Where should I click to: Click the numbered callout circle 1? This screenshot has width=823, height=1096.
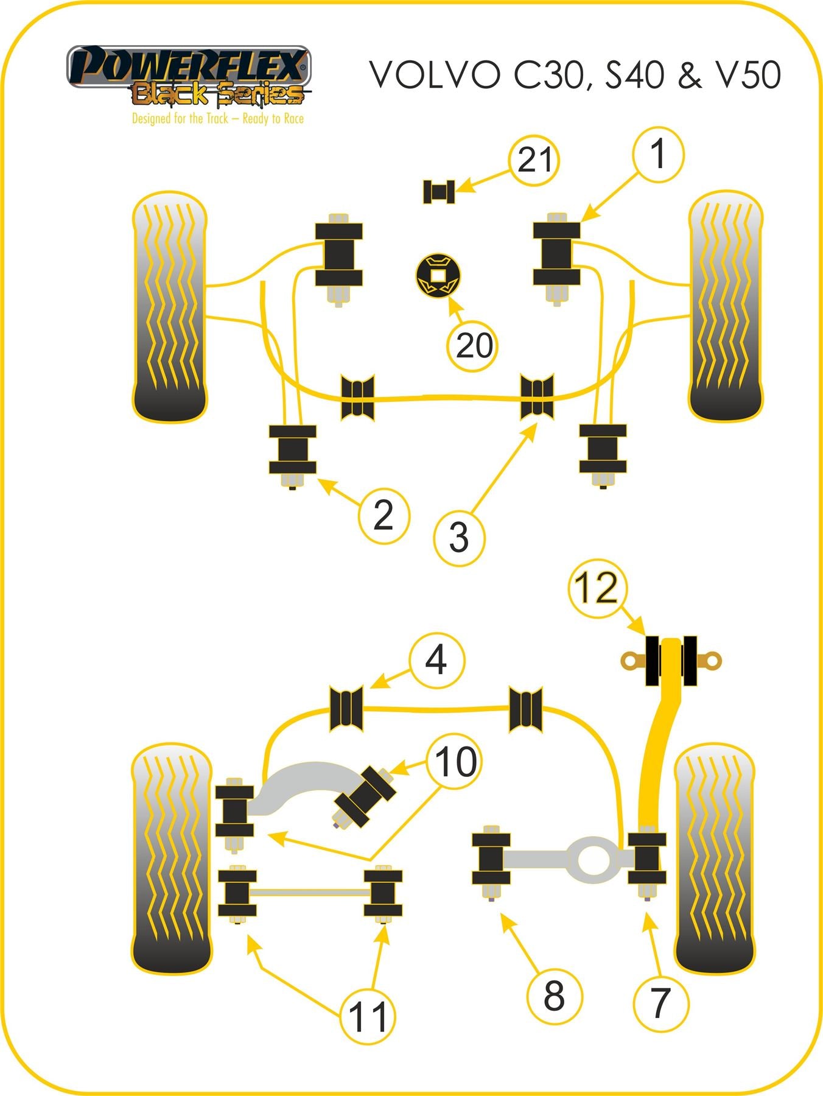tap(658, 155)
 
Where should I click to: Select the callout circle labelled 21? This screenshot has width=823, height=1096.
tap(534, 160)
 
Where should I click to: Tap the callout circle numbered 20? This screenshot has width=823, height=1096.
tap(473, 346)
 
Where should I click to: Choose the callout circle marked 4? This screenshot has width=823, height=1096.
tap(436, 660)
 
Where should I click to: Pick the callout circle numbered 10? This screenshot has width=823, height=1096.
tap(454, 762)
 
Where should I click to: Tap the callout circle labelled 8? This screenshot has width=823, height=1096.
tap(554, 996)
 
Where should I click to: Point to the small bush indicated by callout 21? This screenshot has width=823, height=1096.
tap(438, 192)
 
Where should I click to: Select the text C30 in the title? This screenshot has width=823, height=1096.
tap(550, 76)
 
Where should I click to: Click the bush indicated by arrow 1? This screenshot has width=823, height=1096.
tap(556, 254)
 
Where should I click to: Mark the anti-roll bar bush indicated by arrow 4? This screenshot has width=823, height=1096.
tap(346, 708)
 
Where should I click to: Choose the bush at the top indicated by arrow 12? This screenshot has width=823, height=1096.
tap(671, 661)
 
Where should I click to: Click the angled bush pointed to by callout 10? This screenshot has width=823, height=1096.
tap(364, 798)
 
